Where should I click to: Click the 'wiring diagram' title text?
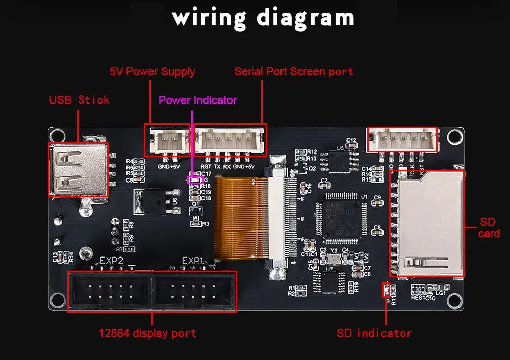click(x=263, y=17)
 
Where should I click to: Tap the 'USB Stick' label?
click(x=79, y=99)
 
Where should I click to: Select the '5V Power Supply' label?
click(x=152, y=71)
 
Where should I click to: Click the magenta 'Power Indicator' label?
click(x=197, y=100)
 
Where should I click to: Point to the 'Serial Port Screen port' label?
click(x=294, y=71)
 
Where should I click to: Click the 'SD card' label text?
click(x=489, y=228)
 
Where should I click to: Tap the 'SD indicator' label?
click(x=374, y=333)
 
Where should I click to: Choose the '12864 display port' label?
click(x=147, y=333)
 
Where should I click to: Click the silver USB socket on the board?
click(x=78, y=169)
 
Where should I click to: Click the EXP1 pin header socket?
click(x=195, y=291)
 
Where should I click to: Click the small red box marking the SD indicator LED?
click(x=386, y=291)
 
